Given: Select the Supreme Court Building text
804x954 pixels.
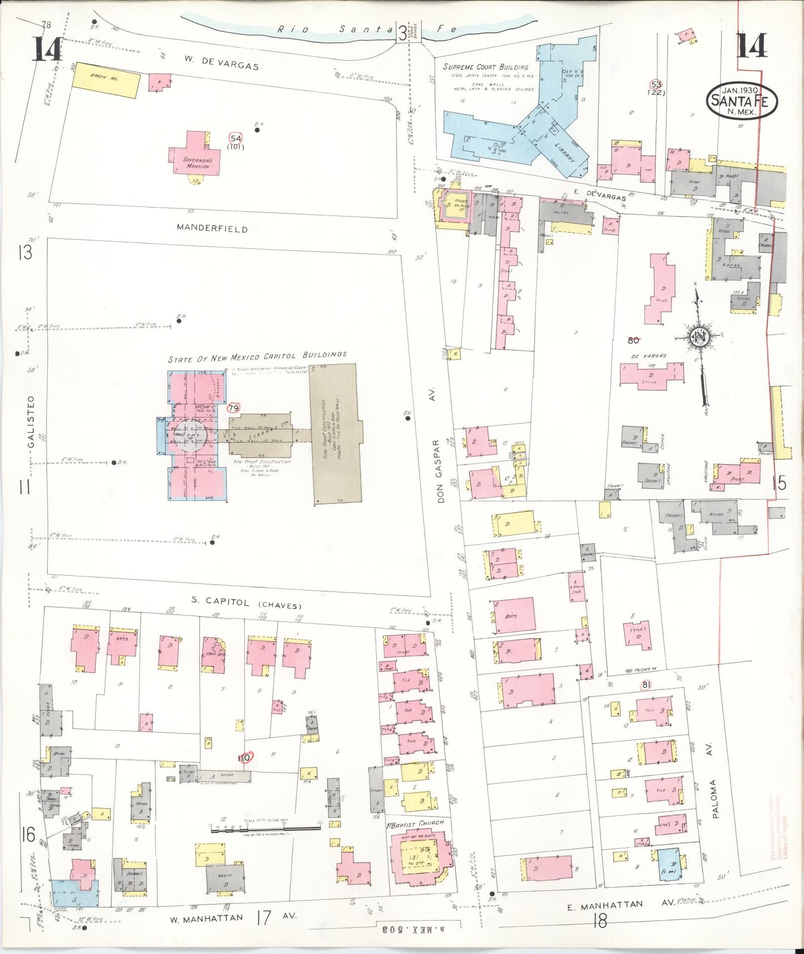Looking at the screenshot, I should pyautogui.click(x=485, y=67).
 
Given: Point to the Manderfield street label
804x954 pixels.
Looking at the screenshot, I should pyautogui.click(x=212, y=228).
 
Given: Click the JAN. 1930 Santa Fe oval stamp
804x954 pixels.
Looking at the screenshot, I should pyautogui.click(x=741, y=101).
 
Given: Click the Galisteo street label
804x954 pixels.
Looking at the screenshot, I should pyautogui.click(x=31, y=421).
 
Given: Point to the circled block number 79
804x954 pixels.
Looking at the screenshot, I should pyautogui.click(x=233, y=409).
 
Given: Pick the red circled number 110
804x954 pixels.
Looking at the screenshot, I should pyautogui.click(x=244, y=758).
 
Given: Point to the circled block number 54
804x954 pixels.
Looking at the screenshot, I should pyautogui.click(x=236, y=138).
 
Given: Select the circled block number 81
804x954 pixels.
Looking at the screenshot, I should pyautogui.click(x=645, y=685).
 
